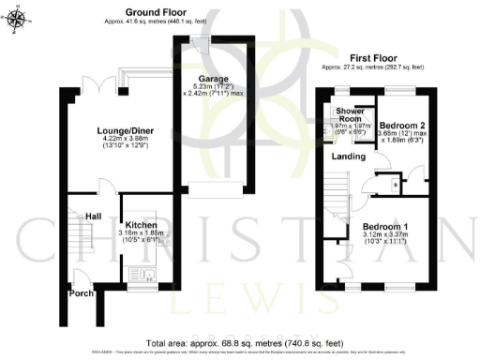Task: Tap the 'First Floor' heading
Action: tap(372, 56)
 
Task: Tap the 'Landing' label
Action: tap(349, 157)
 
